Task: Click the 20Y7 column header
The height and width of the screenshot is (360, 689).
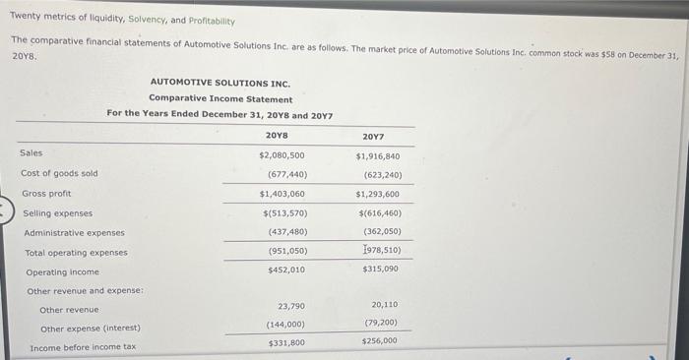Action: pyautogui.click(x=373, y=136)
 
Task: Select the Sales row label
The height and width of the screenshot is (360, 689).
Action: pyautogui.click(x=31, y=153)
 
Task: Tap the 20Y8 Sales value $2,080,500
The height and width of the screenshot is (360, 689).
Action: pyautogui.click(x=282, y=155)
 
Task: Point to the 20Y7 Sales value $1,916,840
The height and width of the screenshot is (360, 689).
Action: pyautogui.click(x=378, y=156)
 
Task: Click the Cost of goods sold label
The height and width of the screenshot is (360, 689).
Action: pyautogui.click(x=59, y=173)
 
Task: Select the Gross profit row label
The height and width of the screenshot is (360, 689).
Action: pyautogui.click(x=46, y=194)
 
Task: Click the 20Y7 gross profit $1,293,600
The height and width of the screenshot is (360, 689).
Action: pyautogui.click(x=378, y=195)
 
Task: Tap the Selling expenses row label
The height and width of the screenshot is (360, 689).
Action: pyautogui.click(x=57, y=213)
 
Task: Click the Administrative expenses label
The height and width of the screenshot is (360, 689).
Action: pyautogui.click(x=74, y=233)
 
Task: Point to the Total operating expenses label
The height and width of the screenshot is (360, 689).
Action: pyautogui.click(x=76, y=253)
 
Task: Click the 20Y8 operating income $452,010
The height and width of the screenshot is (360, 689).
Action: pyautogui.click(x=286, y=270)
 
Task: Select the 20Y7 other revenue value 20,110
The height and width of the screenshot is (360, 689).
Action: pyautogui.click(x=385, y=306)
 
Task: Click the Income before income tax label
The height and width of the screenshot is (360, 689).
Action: pyautogui.click(x=83, y=348)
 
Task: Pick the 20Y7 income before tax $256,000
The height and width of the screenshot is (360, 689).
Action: pyautogui.click(x=380, y=341)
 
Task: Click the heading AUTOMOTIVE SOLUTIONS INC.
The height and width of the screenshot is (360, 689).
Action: pyautogui.click(x=220, y=84)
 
